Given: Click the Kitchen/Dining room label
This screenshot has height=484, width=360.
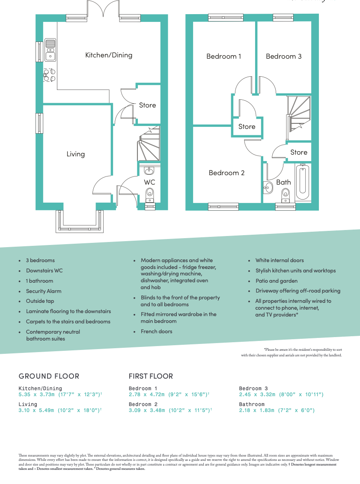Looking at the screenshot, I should click(x=109, y=55).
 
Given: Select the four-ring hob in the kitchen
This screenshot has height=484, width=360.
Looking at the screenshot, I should click(x=49, y=75).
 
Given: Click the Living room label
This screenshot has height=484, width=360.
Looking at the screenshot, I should click(x=75, y=154).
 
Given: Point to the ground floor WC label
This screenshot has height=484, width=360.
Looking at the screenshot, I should click(x=149, y=182).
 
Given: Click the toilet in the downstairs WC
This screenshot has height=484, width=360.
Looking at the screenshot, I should click(x=149, y=197).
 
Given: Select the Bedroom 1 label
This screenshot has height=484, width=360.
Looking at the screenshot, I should click(x=223, y=56).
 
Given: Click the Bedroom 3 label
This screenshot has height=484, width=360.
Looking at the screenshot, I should click(x=283, y=56).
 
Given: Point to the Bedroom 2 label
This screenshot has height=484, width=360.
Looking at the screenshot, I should click(x=226, y=173).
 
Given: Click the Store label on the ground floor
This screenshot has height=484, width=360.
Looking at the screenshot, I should click(x=147, y=105).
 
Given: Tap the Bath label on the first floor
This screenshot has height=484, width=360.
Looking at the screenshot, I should click(x=283, y=182).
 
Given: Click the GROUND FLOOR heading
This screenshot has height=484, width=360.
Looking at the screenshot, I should click(x=49, y=376).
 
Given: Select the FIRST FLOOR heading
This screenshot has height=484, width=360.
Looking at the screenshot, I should click(x=151, y=376).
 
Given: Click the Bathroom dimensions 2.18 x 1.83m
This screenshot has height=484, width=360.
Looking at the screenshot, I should click(x=277, y=410).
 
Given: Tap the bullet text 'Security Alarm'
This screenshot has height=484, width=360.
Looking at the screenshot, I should click(x=44, y=291).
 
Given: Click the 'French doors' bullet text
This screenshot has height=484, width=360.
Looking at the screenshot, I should click(x=157, y=331).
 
